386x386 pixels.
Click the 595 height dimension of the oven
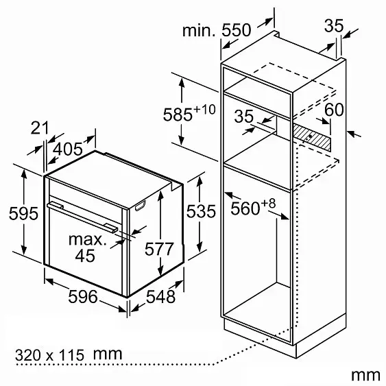23,213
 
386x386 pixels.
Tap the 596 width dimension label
83,296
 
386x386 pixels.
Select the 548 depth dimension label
160,296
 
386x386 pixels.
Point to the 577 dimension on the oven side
159,249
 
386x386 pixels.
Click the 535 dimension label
201,211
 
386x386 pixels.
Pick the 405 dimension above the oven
68,149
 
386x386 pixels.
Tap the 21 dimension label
40,128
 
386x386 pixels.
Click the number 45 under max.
85,256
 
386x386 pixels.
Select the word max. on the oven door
87,239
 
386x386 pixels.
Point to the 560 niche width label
253,207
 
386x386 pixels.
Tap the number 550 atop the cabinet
236,30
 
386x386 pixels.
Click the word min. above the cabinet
199,31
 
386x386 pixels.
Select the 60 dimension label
334,110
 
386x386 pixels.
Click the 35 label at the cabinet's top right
334,25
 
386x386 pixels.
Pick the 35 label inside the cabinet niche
243,116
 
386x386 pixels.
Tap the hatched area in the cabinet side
312,137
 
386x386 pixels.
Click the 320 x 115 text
50,355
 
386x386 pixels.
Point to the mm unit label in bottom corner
365,376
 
